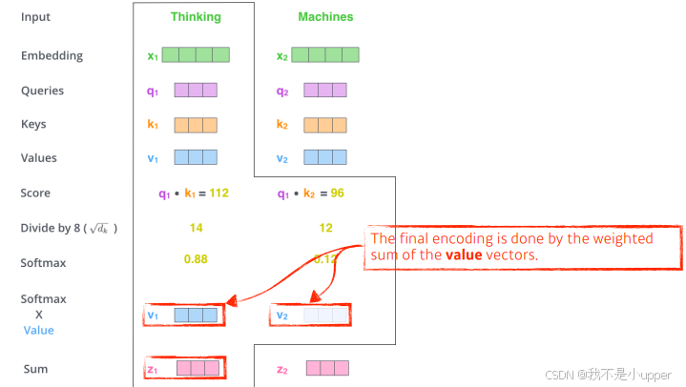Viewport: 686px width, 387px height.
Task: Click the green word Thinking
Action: (196, 17)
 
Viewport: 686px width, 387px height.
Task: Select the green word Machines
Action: (325, 17)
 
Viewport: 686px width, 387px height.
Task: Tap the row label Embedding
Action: (52, 56)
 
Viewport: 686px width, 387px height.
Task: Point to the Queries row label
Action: (43, 91)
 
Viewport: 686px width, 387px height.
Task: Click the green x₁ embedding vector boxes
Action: (196, 55)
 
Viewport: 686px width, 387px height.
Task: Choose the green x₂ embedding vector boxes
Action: (325, 55)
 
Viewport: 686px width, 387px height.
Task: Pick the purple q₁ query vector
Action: (196, 91)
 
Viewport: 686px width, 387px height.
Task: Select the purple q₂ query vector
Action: (325, 91)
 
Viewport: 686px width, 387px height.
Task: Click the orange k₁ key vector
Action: (196, 125)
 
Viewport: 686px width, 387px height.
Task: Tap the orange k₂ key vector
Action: (325, 125)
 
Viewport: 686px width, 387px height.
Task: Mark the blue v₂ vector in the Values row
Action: (325, 158)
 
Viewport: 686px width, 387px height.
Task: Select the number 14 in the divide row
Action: (196, 229)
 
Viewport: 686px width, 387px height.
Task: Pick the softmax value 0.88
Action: (196, 258)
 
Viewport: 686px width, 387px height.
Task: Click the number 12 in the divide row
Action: (325, 229)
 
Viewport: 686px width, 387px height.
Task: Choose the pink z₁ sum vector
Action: (197, 368)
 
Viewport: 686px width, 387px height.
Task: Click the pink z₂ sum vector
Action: (327, 368)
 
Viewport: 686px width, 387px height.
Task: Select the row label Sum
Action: (35, 369)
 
